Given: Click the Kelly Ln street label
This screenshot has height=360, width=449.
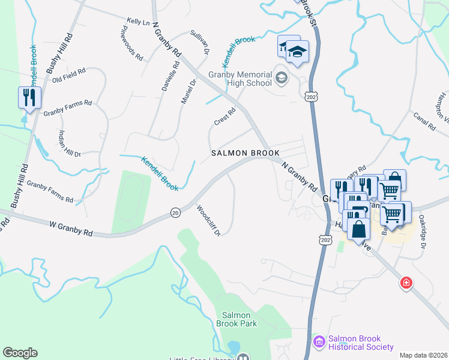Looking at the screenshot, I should coord(138,22).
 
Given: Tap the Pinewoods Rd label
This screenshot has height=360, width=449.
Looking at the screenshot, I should coord(131,43).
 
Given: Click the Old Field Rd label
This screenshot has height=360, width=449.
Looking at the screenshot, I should coord(69,75).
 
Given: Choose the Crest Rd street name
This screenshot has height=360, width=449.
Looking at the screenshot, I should coord(224,117).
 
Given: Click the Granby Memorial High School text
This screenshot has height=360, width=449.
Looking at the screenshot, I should coord(240,79).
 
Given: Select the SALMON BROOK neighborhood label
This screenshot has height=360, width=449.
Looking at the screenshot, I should coord(246,153).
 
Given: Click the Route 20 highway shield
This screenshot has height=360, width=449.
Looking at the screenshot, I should coord(175,213).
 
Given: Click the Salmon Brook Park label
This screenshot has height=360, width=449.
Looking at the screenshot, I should coord(240,319).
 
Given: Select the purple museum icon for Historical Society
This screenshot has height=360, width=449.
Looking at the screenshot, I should coord(319,342).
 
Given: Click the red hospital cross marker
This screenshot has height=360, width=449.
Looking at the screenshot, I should coord(406,283).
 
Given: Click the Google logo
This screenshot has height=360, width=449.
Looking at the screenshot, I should coord(20,353).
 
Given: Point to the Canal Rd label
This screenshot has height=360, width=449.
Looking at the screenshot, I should coord(424,121).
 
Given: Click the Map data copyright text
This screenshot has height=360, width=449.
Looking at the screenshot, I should coord(423,355).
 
